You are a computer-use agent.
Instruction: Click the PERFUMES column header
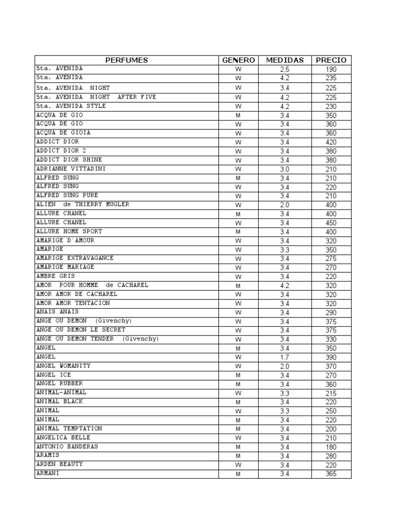tap(127, 60)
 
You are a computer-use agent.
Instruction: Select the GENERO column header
tap(238, 60)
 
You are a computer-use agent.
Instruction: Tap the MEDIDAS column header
tap(284, 60)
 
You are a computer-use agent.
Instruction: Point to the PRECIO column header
tap(331, 60)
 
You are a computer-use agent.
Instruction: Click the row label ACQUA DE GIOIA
tap(63, 133)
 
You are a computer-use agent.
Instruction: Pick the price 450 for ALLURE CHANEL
tap(331, 223)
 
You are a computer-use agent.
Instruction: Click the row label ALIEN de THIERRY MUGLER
tap(82, 204)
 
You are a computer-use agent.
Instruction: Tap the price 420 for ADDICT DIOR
tap(331, 142)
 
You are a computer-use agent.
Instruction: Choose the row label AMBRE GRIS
tap(56, 276)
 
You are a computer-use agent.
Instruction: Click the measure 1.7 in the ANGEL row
tap(284, 357)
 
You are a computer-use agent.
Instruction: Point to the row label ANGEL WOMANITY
tap(63, 366)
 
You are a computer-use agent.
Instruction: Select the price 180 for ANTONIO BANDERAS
tap(331, 447)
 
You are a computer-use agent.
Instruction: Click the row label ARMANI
tap(47, 473)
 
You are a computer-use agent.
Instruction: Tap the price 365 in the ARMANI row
tap(331, 474)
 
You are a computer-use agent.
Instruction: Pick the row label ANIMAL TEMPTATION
tap(69, 428)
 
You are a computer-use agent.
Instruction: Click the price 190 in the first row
tap(331, 69)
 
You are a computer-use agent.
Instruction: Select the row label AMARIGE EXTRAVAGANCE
tap(75, 258)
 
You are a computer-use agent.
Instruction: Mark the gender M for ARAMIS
tap(238, 456)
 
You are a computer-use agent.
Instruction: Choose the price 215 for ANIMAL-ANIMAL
tap(331, 393)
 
